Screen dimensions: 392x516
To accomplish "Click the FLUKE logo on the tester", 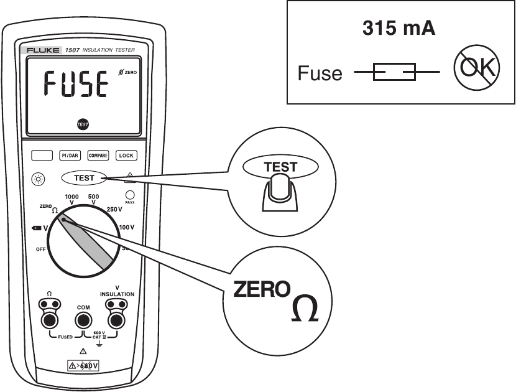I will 42,49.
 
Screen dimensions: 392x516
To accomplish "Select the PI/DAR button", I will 69,156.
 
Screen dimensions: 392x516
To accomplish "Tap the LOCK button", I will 126,156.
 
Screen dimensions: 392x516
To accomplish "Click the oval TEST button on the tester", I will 85,178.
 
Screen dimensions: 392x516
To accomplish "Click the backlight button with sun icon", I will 39,179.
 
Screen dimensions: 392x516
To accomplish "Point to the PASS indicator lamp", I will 130,194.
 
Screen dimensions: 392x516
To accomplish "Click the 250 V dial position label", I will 114,209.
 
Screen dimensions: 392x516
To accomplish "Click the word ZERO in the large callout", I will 261,289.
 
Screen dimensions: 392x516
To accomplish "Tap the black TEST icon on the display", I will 83,124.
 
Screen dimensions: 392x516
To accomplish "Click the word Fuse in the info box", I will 320,74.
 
